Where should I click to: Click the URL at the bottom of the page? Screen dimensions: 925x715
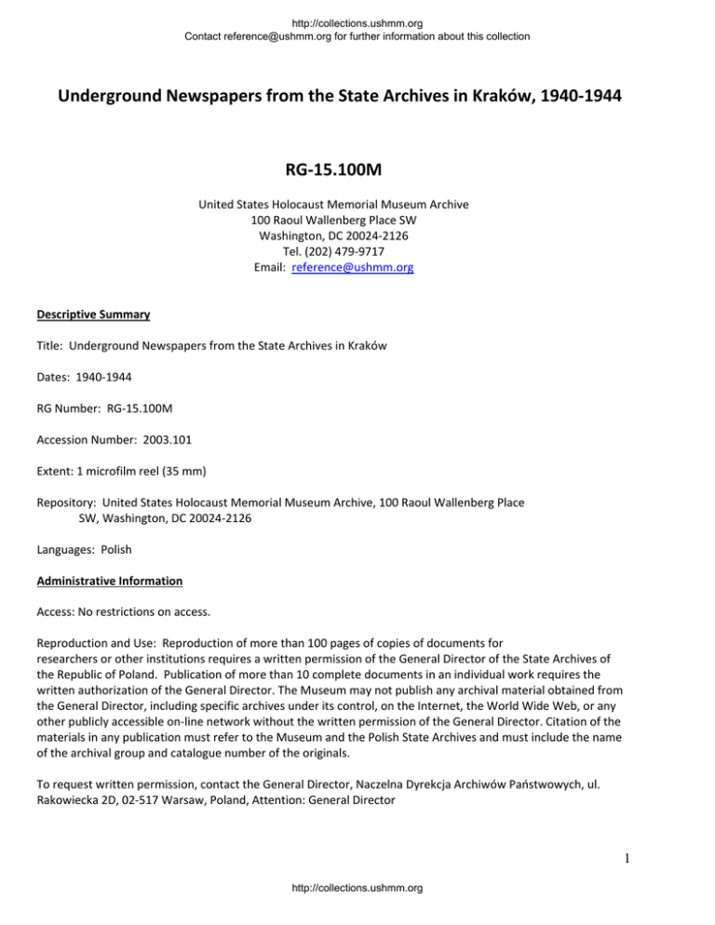pyautogui.click(x=357, y=913)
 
